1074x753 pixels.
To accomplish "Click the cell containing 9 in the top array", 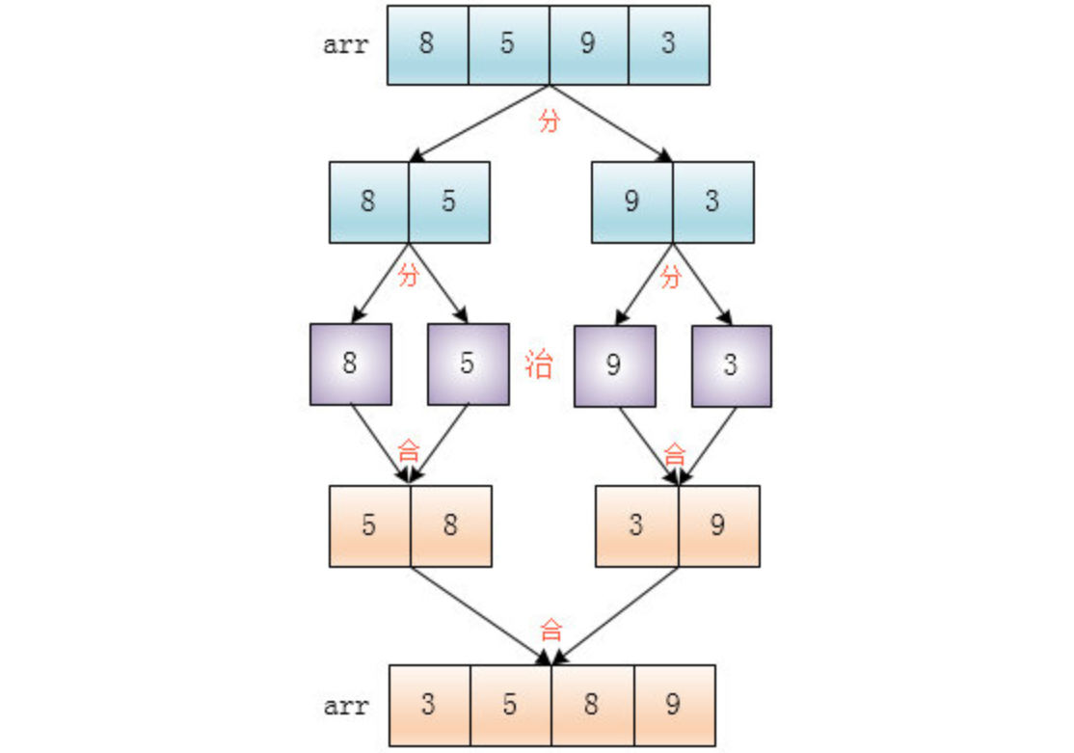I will tap(588, 45).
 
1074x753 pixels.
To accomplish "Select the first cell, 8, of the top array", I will tap(427, 45).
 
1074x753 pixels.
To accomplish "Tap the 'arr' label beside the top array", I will tap(345, 45).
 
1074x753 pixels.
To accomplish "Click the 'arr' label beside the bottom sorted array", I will tap(345, 706).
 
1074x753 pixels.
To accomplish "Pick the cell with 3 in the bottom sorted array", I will tap(429, 705).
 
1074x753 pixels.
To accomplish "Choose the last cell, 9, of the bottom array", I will tap(674, 705).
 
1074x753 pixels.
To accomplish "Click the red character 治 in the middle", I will tap(539, 364).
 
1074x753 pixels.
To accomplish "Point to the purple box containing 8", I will tap(351, 364).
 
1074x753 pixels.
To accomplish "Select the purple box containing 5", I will tap(468, 364).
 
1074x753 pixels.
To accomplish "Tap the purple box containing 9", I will tap(614, 364).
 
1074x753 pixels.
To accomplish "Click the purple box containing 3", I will tap(731, 364).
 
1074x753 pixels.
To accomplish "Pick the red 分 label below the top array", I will tap(549, 121).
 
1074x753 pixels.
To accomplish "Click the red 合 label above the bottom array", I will tap(550, 632).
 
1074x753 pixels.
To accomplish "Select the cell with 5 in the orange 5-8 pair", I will tap(369, 525).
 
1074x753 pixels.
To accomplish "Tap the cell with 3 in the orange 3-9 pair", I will tap(636, 525).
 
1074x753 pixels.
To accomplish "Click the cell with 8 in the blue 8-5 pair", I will tap(368, 202).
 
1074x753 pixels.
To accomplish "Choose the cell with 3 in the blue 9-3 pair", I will tap(712, 202).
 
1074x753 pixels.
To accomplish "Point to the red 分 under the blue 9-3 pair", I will tap(672, 277).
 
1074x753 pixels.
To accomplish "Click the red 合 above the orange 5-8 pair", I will tap(409, 450).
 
